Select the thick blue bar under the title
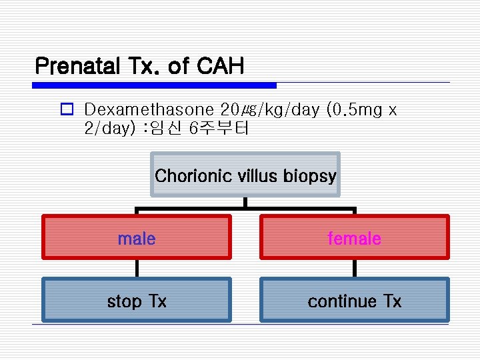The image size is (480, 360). (x=154, y=85)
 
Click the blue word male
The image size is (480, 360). (x=137, y=238)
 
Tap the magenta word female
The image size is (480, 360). (x=354, y=238)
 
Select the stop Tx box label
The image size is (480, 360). (x=137, y=301)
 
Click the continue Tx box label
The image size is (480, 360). (x=354, y=301)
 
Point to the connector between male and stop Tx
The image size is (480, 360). (x=137, y=268)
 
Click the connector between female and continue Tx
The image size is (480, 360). (x=354, y=268)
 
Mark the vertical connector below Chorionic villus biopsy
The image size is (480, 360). (x=245, y=202)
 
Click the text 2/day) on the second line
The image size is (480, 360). (x=107, y=128)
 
